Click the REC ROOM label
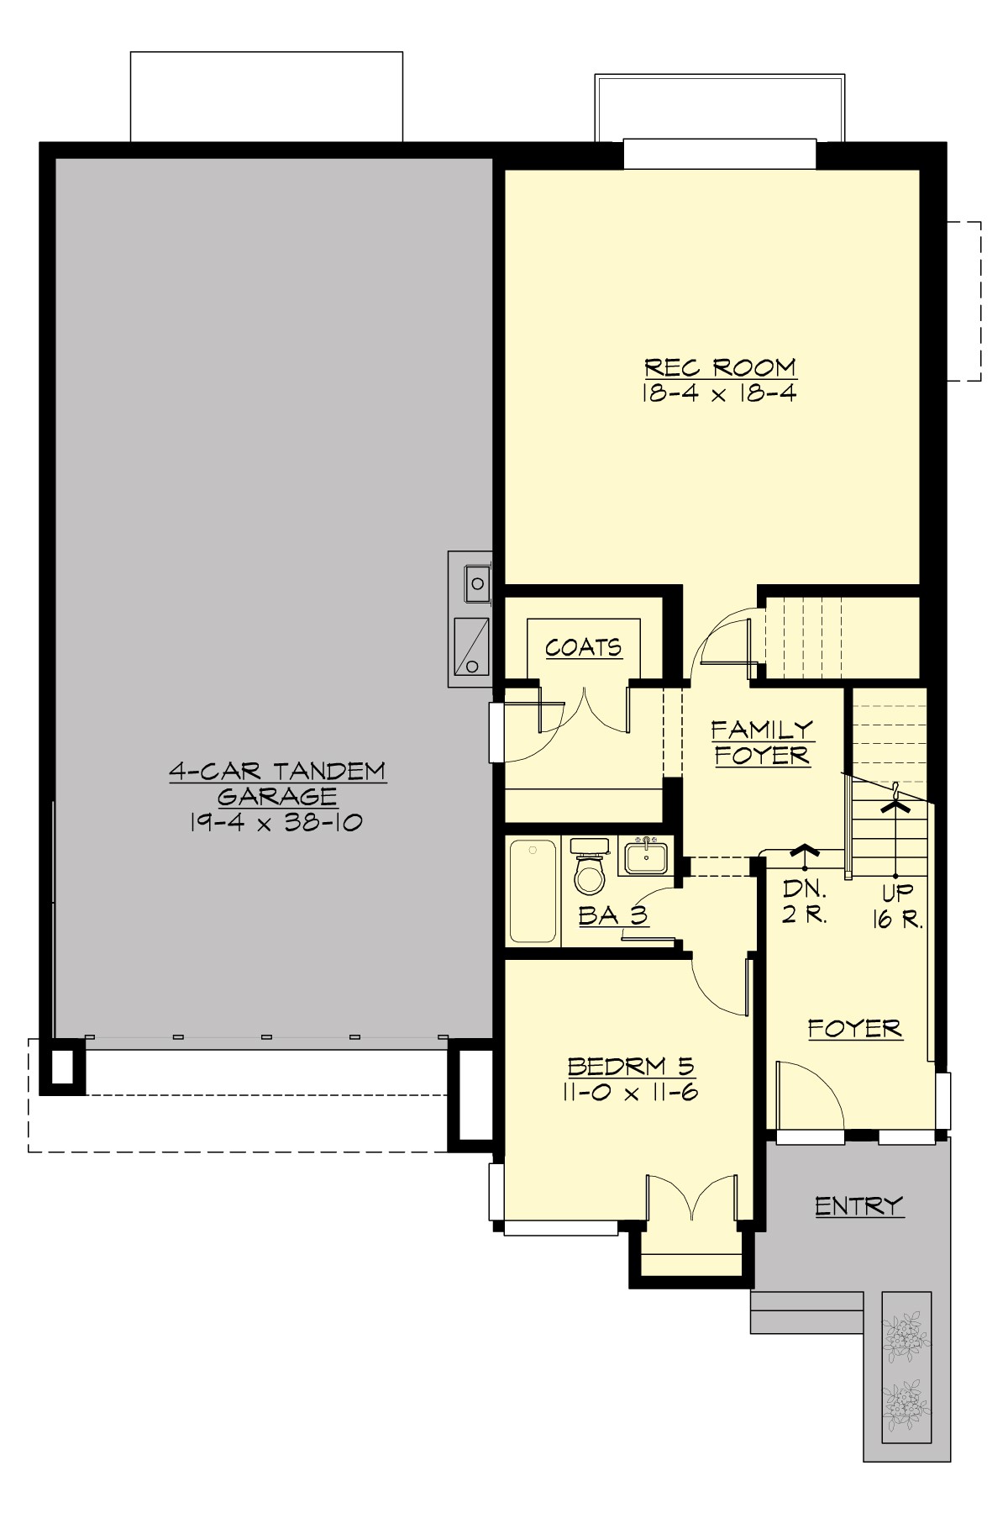click(720, 368)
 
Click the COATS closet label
click(584, 647)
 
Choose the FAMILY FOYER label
click(762, 742)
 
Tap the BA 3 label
click(614, 915)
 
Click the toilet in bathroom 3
click(590, 873)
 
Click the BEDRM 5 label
click(632, 1067)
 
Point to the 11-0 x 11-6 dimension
click(632, 1092)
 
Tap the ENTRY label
click(858, 1206)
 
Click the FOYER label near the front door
click(855, 1029)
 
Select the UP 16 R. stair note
click(897, 905)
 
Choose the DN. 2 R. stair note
click(805, 902)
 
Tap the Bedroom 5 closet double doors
click(691, 1198)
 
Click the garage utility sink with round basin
click(478, 580)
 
